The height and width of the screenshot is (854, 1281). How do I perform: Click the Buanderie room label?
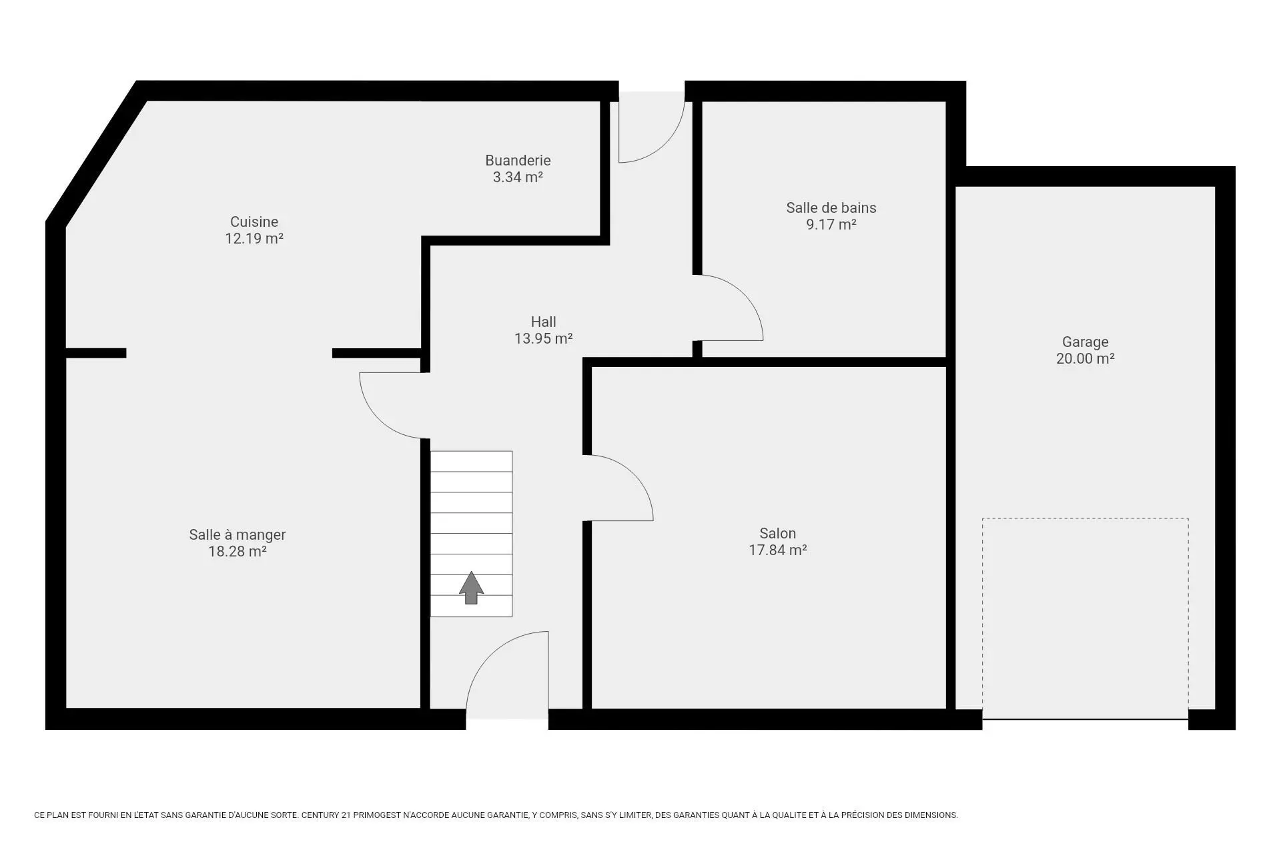(x=518, y=160)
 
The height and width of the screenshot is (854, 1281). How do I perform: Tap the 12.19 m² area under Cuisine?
(x=254, y=238)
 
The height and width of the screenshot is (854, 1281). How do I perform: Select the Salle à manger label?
(x=238, y=534)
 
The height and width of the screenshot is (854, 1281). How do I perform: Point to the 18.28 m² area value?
(x=238, y=551)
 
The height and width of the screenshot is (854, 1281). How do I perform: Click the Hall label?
(x=544, y=322)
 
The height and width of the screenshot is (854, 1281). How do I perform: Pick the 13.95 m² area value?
(x=544, y=338)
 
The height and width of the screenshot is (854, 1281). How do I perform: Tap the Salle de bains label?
(x=831, y=207)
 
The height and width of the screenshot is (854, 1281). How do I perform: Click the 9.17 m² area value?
(x=831, y=224)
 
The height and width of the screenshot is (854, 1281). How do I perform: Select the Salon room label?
(x=778, y=533)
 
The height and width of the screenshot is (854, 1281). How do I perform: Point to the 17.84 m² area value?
(x=778, y=550)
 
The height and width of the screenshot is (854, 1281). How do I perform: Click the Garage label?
(x=1086, y=342)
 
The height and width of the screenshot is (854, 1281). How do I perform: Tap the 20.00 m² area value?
(x=1086, y=358)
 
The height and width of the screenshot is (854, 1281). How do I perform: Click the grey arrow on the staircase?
(x=471, y=588)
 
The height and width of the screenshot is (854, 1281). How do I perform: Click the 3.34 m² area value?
(x=518, y=177)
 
